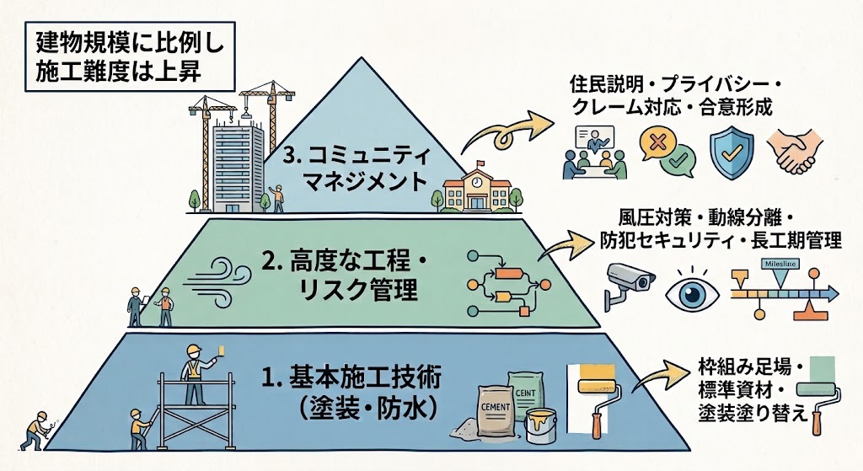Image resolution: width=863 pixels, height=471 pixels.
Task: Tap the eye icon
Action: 692,292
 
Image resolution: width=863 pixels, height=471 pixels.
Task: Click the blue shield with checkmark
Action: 732,153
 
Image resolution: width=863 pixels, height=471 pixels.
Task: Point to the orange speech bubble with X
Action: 656,143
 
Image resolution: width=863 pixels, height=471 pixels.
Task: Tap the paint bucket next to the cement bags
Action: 540,425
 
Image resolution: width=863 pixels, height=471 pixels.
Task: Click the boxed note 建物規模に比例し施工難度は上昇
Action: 131,56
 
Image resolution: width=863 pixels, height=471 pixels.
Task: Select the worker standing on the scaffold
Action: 196,373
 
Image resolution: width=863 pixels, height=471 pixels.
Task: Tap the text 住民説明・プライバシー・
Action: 676,84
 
